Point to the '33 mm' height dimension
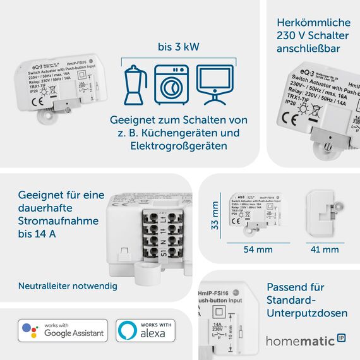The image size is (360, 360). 215,215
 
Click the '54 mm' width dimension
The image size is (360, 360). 258,249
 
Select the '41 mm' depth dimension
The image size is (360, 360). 326,249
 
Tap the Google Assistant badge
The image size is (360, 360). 61,330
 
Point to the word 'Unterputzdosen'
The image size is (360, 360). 307,313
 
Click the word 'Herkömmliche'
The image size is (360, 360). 310,22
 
